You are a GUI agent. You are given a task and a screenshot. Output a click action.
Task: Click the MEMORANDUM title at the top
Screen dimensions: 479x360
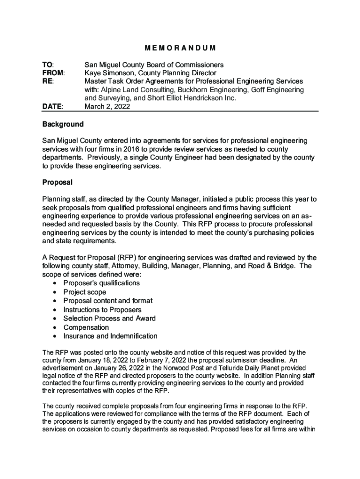click(180, 48)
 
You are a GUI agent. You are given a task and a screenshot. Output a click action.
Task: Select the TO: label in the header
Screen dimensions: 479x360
click(48, 65)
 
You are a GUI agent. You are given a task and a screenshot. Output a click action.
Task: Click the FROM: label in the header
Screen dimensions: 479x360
click(53, 73)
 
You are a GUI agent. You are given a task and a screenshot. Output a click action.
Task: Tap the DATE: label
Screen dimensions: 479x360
click(52, 107)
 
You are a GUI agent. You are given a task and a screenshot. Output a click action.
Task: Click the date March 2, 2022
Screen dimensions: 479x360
click(107, 107)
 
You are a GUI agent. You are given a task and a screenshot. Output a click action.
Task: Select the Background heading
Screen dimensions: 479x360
click(63, 124)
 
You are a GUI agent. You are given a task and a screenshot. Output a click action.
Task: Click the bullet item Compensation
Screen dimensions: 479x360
click(86, 327)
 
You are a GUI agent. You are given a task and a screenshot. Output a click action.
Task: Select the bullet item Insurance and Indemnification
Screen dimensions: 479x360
click(110, 336)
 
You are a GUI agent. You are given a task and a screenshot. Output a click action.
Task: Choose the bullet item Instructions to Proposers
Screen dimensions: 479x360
click(102, 310)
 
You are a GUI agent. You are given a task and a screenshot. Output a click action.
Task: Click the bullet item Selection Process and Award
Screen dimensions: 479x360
click(109, 319)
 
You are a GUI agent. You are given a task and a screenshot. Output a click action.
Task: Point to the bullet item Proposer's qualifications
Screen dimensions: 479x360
click(101, 283)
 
